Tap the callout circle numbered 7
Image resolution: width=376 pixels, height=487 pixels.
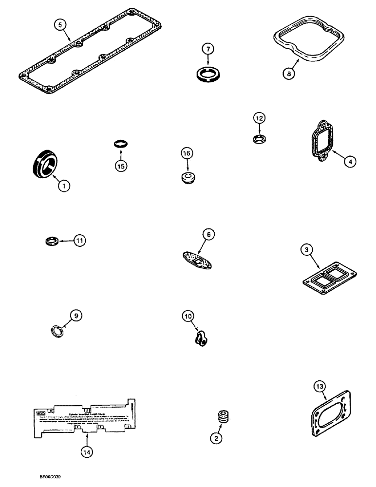pos(207,50)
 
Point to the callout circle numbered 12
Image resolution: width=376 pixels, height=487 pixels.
pos(259,118)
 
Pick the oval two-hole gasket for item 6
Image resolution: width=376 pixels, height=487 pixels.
pos(198,258)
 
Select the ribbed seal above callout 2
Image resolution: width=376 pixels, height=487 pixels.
pos(223,417)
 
